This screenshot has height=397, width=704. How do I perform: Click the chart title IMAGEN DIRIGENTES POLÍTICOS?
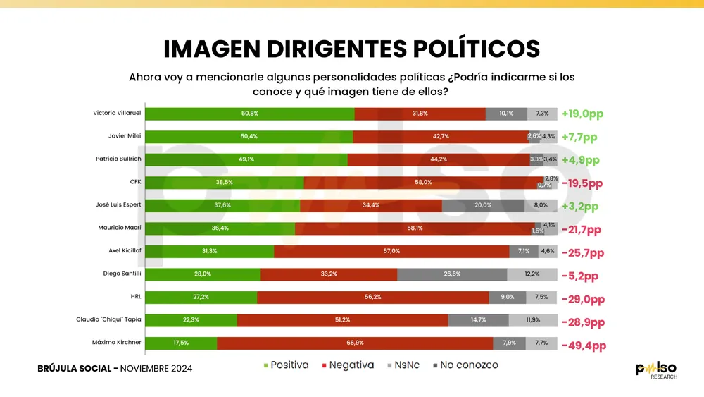(351, 49)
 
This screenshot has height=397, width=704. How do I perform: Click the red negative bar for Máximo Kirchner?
(355, 343)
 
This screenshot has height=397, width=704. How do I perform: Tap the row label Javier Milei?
(122, 136)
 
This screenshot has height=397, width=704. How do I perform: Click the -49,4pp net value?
(584, 346)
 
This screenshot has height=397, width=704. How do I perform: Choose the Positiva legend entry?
(287, 365)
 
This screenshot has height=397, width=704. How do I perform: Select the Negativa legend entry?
(347, 365)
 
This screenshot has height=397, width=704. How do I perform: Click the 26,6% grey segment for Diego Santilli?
(452, 274)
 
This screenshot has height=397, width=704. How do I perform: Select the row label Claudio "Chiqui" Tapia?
(108, 319)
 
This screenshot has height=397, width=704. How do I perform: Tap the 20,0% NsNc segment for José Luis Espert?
(483, 205)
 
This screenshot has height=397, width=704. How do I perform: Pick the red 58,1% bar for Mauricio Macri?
(414, 228)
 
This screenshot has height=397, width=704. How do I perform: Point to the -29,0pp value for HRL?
(583, 299)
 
